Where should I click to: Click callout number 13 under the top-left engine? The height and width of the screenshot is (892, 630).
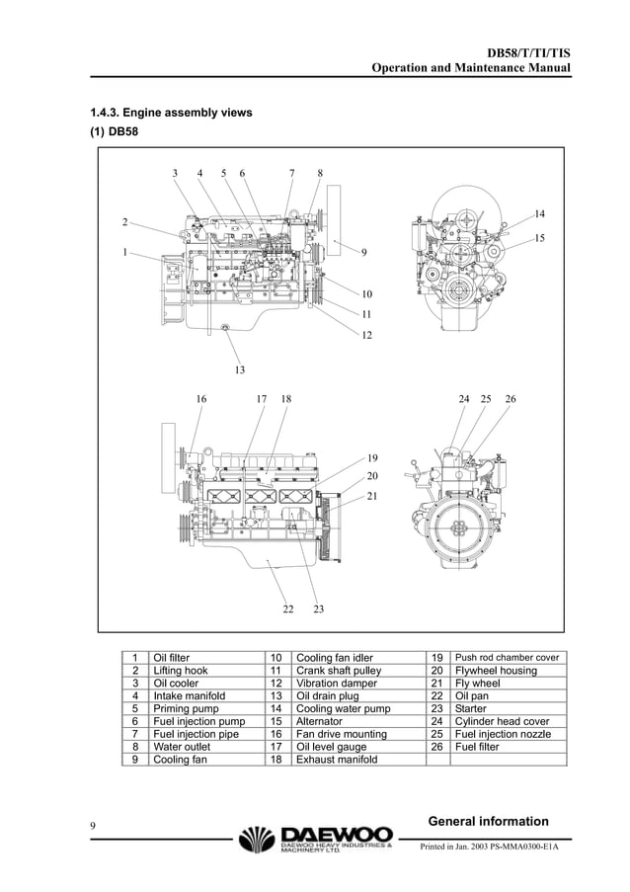[x=239, y=370]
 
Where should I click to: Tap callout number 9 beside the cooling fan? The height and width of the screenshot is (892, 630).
[x=364, y=253]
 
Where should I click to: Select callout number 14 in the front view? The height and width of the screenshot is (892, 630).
[x=539, y=213]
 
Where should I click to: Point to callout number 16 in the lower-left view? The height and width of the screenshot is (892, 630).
[x=200, y=399]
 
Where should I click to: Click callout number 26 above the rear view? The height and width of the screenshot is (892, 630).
[x=510, y=399]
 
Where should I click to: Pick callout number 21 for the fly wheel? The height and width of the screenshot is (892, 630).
[x=372, y=495]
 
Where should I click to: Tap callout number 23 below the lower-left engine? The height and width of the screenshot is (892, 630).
[x=319, y=609]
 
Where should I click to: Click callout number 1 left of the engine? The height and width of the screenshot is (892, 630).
[x=124, y=252]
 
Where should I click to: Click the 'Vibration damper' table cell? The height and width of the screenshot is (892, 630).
[x=337, y=684]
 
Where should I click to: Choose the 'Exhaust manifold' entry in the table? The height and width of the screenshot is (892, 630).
[x=337, y=761]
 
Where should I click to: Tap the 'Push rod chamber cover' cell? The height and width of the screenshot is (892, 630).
[x=506, y=658]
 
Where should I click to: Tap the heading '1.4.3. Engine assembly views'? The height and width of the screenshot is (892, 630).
[x=172, y=113]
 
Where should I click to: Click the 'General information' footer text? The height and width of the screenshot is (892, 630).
[x=489, y=822]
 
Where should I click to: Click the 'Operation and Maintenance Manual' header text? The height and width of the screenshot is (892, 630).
[x=470, y=68]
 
